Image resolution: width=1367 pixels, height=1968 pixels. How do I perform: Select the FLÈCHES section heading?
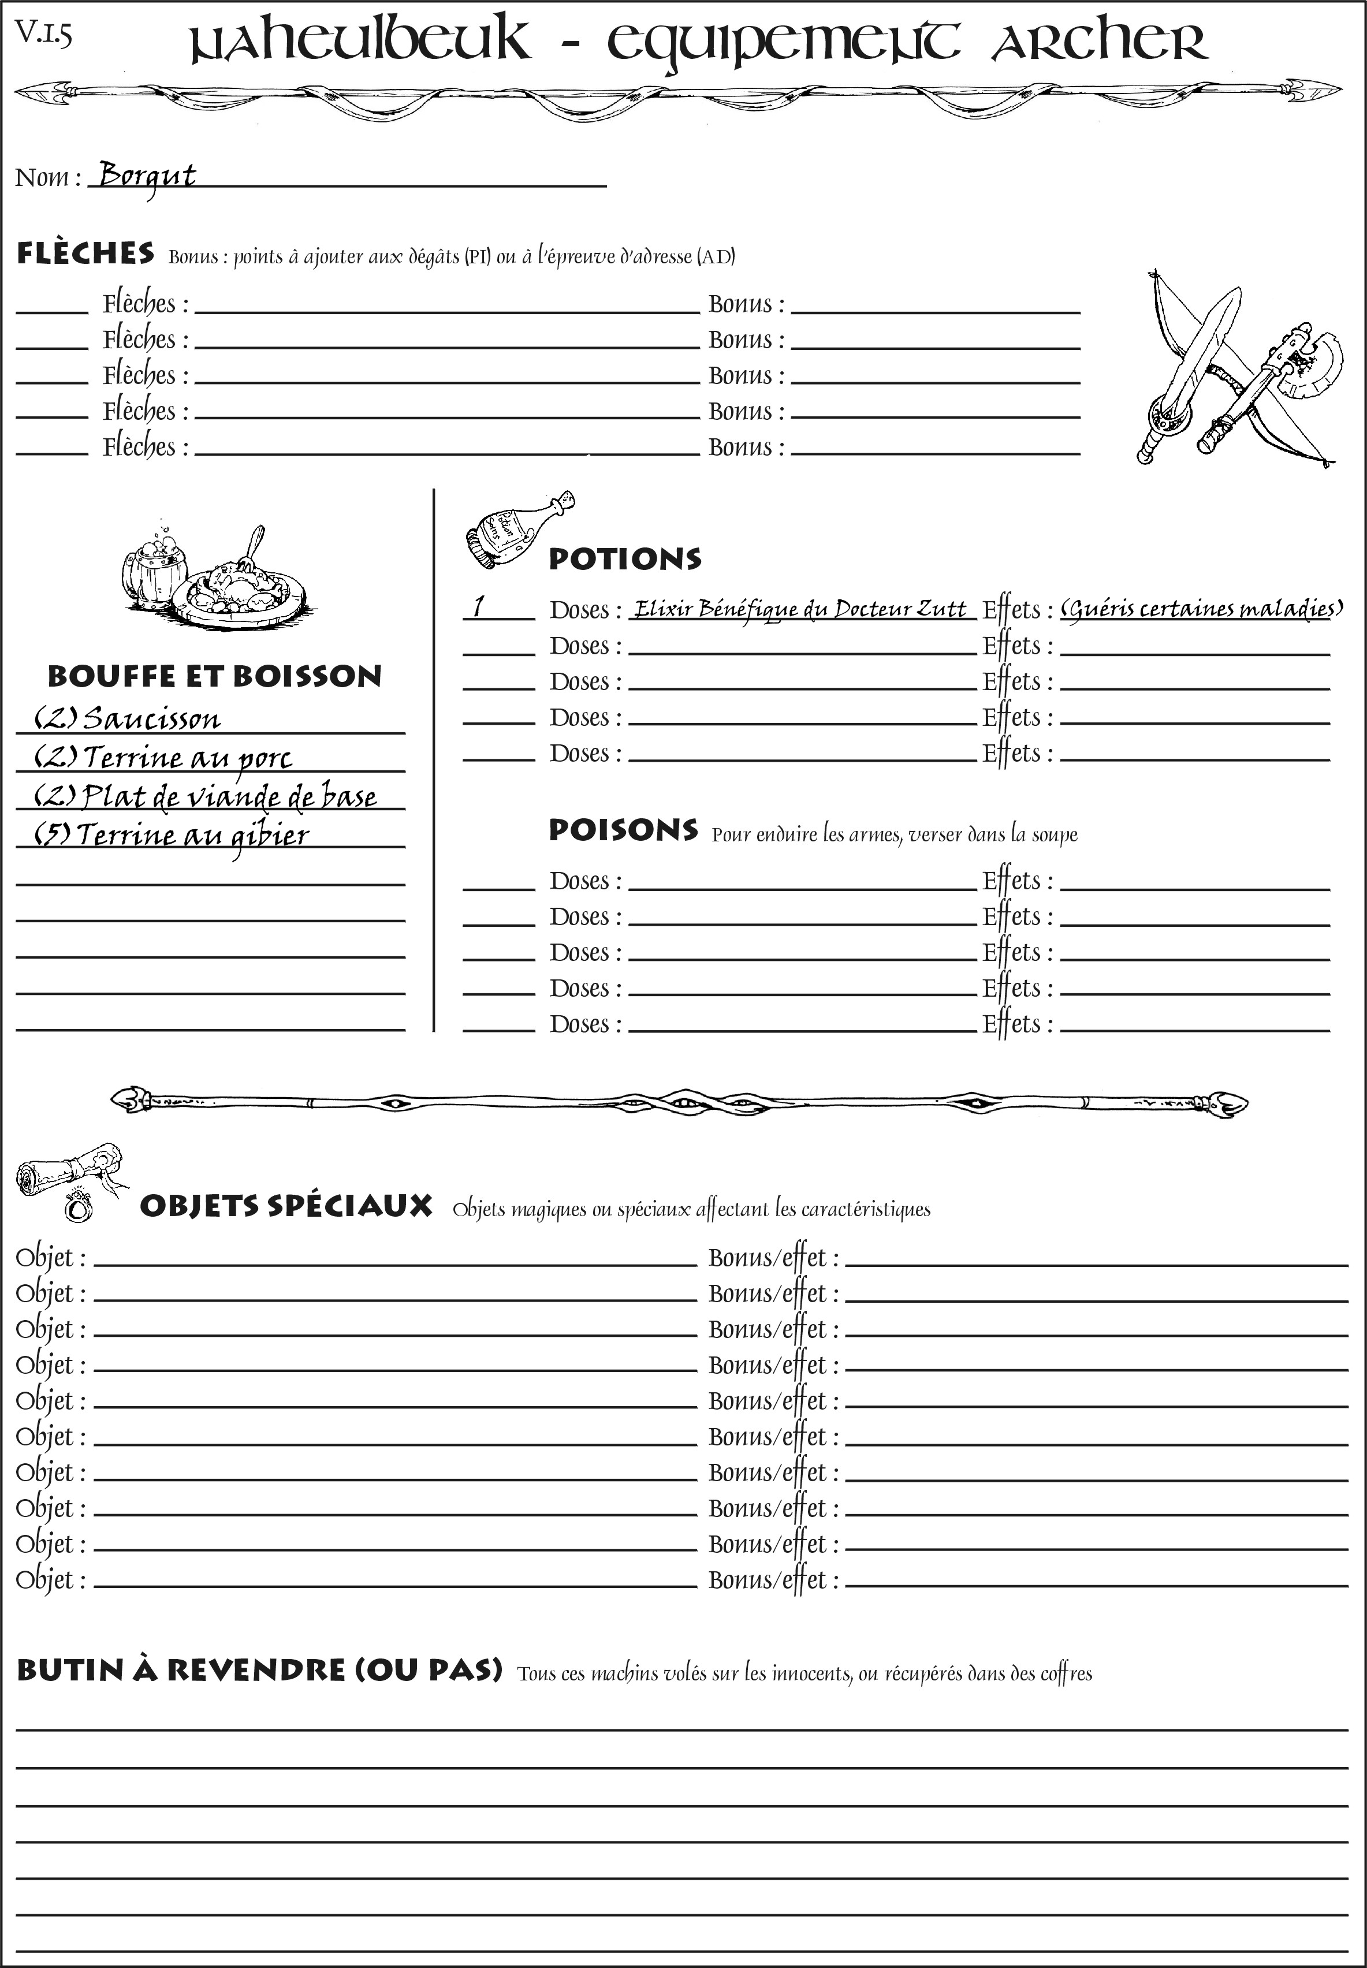(85, 254)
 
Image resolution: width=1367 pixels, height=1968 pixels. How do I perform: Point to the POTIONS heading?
(624, 559)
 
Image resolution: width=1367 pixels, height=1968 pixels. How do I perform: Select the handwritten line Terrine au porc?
(163, 758)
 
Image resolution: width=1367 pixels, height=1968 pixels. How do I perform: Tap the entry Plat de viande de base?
(206, 796)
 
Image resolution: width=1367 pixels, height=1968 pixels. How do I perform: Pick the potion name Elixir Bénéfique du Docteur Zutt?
(800, 609)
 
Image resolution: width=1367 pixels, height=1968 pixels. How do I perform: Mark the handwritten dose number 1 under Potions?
(479, 607)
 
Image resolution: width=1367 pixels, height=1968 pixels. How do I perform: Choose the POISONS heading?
(623, 830)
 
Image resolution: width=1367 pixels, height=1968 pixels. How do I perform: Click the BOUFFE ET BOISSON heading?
(214, 677)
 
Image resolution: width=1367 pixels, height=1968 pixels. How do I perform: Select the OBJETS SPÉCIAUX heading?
(285, 1206)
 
